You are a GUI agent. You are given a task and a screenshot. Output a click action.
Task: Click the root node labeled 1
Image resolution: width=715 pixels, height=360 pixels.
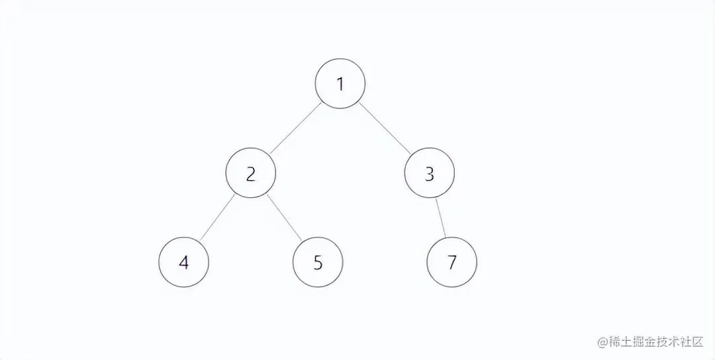tap(340, 84)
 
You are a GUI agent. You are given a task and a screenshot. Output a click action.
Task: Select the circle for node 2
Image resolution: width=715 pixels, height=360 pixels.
tap(250, 173)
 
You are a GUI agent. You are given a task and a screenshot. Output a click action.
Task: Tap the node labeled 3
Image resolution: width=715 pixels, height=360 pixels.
tap(429, 173)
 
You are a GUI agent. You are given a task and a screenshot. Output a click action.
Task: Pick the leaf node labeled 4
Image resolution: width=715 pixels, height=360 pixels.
tap(183, 262)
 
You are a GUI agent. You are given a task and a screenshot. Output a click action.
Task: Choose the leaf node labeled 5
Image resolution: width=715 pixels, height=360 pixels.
tap(318, 262)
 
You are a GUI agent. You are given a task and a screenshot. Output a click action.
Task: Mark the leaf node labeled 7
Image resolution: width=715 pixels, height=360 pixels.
tap(452, 262)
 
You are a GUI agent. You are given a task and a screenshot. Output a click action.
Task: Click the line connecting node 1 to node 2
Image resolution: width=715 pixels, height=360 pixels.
tap(295, 128)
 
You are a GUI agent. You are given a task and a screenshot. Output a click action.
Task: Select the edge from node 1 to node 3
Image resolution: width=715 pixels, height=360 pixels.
tap(385, 128)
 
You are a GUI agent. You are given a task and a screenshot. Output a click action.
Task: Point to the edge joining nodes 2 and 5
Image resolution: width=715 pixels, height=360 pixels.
tap(284, 218)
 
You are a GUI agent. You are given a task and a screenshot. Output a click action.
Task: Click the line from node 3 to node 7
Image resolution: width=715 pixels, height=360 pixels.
tap(440, 218)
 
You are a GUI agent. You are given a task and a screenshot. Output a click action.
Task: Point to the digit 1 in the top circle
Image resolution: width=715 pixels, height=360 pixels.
tap(340, 85)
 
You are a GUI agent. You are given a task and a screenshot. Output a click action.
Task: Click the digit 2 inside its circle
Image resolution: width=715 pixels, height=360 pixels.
tap(250, 174)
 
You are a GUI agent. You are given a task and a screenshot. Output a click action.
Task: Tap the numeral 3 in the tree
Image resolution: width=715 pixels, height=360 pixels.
tap(429, 174)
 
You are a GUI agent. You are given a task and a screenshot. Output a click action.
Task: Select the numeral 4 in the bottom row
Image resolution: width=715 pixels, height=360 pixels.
tap(183, 263)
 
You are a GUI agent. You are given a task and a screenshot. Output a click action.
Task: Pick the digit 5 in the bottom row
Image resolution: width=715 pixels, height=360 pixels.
tap(318, 263)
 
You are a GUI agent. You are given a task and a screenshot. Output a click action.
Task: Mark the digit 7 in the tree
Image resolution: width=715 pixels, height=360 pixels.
tap(452, 263)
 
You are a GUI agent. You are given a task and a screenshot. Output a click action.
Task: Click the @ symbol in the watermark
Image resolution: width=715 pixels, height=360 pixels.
tap(602, 341)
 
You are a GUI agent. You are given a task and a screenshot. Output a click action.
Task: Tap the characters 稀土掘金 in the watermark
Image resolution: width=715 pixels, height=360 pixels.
tap(632, 341)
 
